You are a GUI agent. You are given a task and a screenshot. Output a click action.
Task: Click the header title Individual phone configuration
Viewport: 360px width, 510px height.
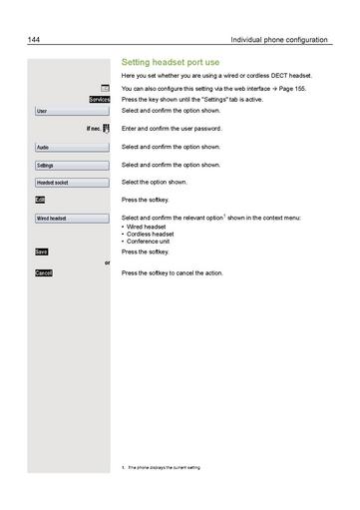pos(278,40)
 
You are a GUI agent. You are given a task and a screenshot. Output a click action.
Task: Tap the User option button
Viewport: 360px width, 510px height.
pos(71,111)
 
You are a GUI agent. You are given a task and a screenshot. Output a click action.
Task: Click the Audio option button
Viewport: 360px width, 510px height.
pos(71,147)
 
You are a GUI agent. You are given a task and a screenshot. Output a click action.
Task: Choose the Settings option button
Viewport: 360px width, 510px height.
pos(71,165)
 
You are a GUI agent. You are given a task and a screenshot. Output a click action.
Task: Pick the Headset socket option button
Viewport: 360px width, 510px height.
pos(71,183)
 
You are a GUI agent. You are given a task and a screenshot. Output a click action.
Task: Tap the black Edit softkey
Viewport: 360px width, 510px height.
pos(41,200)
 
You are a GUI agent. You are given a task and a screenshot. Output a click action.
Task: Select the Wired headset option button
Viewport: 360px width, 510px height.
pos(71,218)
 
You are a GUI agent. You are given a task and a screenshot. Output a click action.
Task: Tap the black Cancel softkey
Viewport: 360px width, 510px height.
pos(44,272)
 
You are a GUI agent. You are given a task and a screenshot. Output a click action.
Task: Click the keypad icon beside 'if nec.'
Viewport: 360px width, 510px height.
pos(105,129)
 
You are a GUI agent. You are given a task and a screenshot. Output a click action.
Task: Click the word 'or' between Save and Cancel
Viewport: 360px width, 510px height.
pos(107,262)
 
